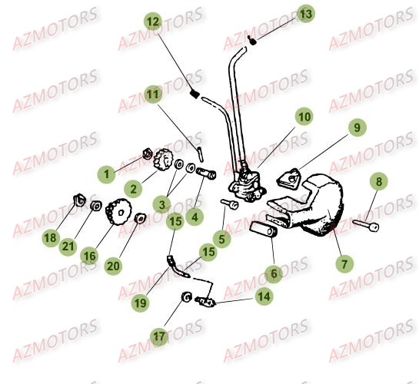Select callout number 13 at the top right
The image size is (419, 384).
[x=306, y=15]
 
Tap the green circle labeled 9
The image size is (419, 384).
[x=356, y=128]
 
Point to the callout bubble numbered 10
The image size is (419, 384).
[x=304, y=118]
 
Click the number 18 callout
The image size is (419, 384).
[x=50, y=239]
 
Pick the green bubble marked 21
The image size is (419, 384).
[x=69, y=246]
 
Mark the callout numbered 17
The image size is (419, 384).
[x=159, y=336]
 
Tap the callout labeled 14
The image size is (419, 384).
[x=263, y=294]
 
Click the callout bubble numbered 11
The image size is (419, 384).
[x=154, y=95]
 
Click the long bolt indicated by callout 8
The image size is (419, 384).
[x=364, y=224]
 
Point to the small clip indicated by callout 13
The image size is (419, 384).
[x=251, y=38]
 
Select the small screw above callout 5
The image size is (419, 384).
[x=231, y=204]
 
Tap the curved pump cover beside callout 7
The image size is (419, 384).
[x=319, y=206]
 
